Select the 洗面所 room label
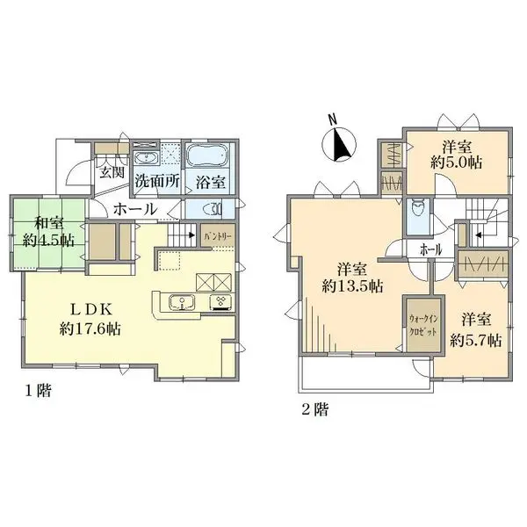coord(157,184)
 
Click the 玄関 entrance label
coord(111,171)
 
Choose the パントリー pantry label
coord(217,236)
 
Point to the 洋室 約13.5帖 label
coord(352,278)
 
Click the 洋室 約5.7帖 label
coord(476,329)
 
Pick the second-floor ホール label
coord(430,249)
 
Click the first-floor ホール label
coord(136,209)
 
